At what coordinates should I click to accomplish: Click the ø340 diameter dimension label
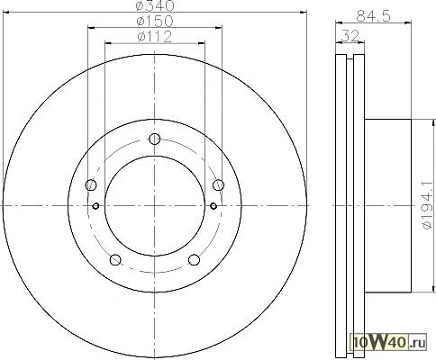pyautogui.click(x=155, y=5)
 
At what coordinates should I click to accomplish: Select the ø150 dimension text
pyautogui.click(x=155, y=21)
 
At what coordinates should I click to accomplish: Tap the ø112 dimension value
pyautogui.click(x=155, y=37)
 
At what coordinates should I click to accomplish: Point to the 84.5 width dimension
pyautogui.click(x=373, y=16)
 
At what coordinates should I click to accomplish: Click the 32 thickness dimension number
pyautogui.click(x=350, y=36)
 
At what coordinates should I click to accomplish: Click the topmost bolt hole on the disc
pyautogui.click(x=155, y=139)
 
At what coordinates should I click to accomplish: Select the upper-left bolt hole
pyautogui.click(x=91, y=184)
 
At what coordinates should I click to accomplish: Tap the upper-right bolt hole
pyautogui.click(x=218, y=184)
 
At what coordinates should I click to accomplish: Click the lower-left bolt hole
pyautogui.click(x=115, y=260)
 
